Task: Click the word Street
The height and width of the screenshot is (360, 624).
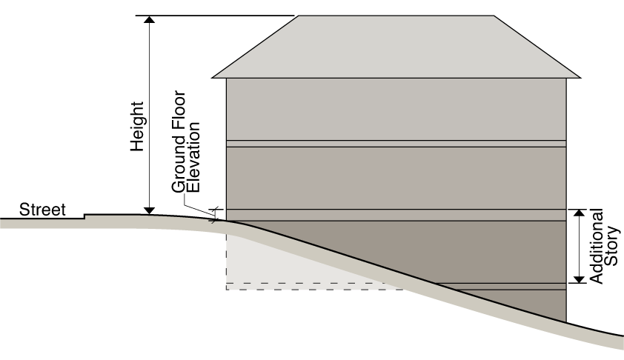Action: coord(42,210)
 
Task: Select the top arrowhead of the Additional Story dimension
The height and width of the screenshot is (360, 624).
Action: coord(577,214)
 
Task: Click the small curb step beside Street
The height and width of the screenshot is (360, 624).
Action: coord(86,216)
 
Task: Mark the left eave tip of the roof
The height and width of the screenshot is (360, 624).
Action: coord(213,76)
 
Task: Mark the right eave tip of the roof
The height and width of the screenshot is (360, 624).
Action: coord(580,76)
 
